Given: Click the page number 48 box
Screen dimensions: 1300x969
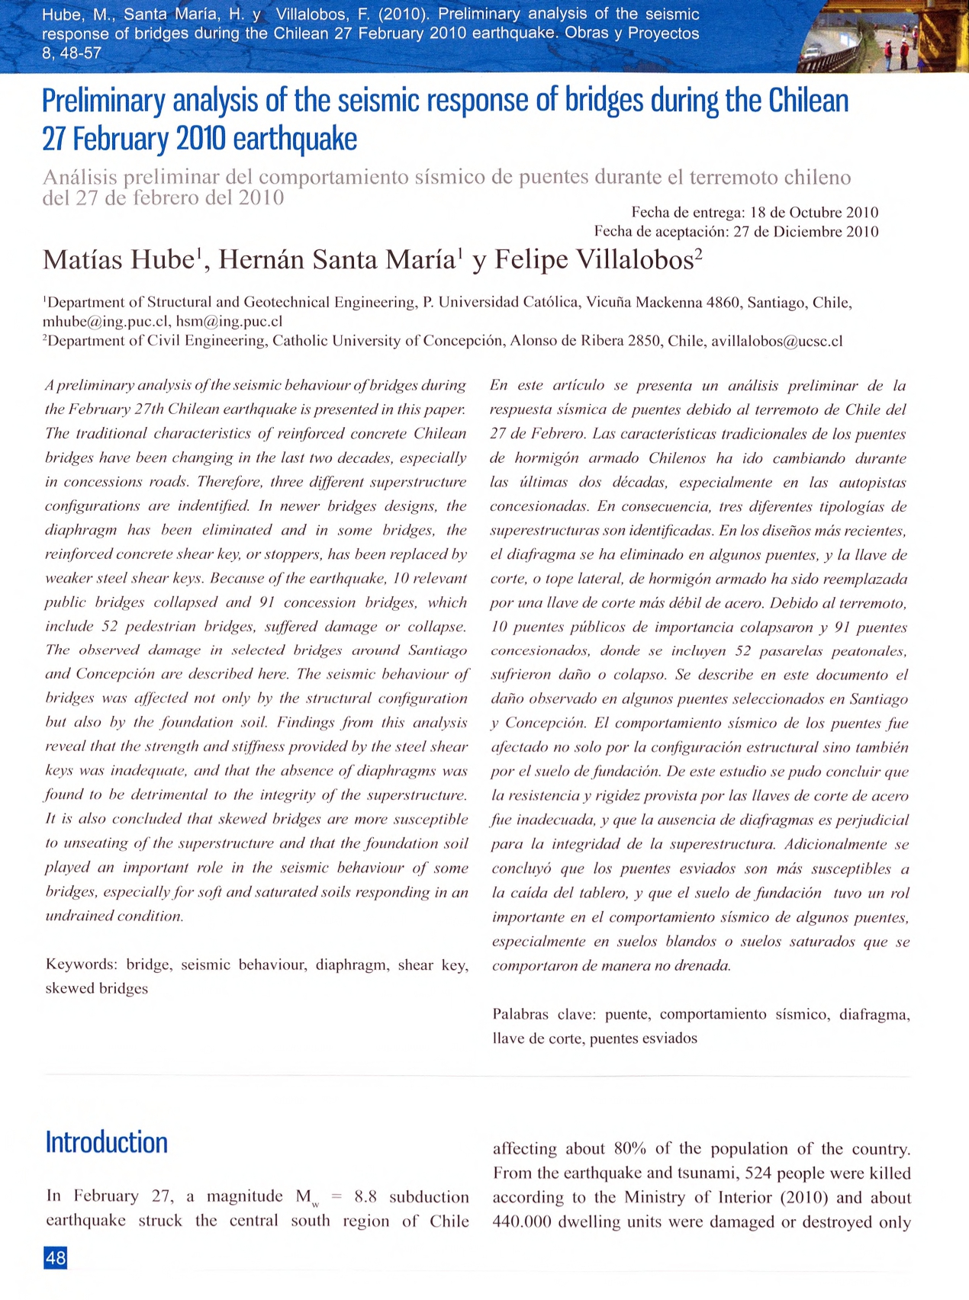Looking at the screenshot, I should coord(56,1257).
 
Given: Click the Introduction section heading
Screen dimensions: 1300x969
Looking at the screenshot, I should coord(107,1142).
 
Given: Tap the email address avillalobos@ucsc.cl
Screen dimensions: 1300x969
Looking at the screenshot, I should coord(777,341).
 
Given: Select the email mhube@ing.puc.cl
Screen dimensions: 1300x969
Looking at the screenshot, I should coord(106,322).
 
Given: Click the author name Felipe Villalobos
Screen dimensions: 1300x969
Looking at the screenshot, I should coord(594,260).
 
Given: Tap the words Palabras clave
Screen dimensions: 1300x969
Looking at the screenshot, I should coord(544,1014).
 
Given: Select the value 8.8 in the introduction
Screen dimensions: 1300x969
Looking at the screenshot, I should coord(365,1196).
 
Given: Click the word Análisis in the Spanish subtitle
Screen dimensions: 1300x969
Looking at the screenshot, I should coord(80,178).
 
